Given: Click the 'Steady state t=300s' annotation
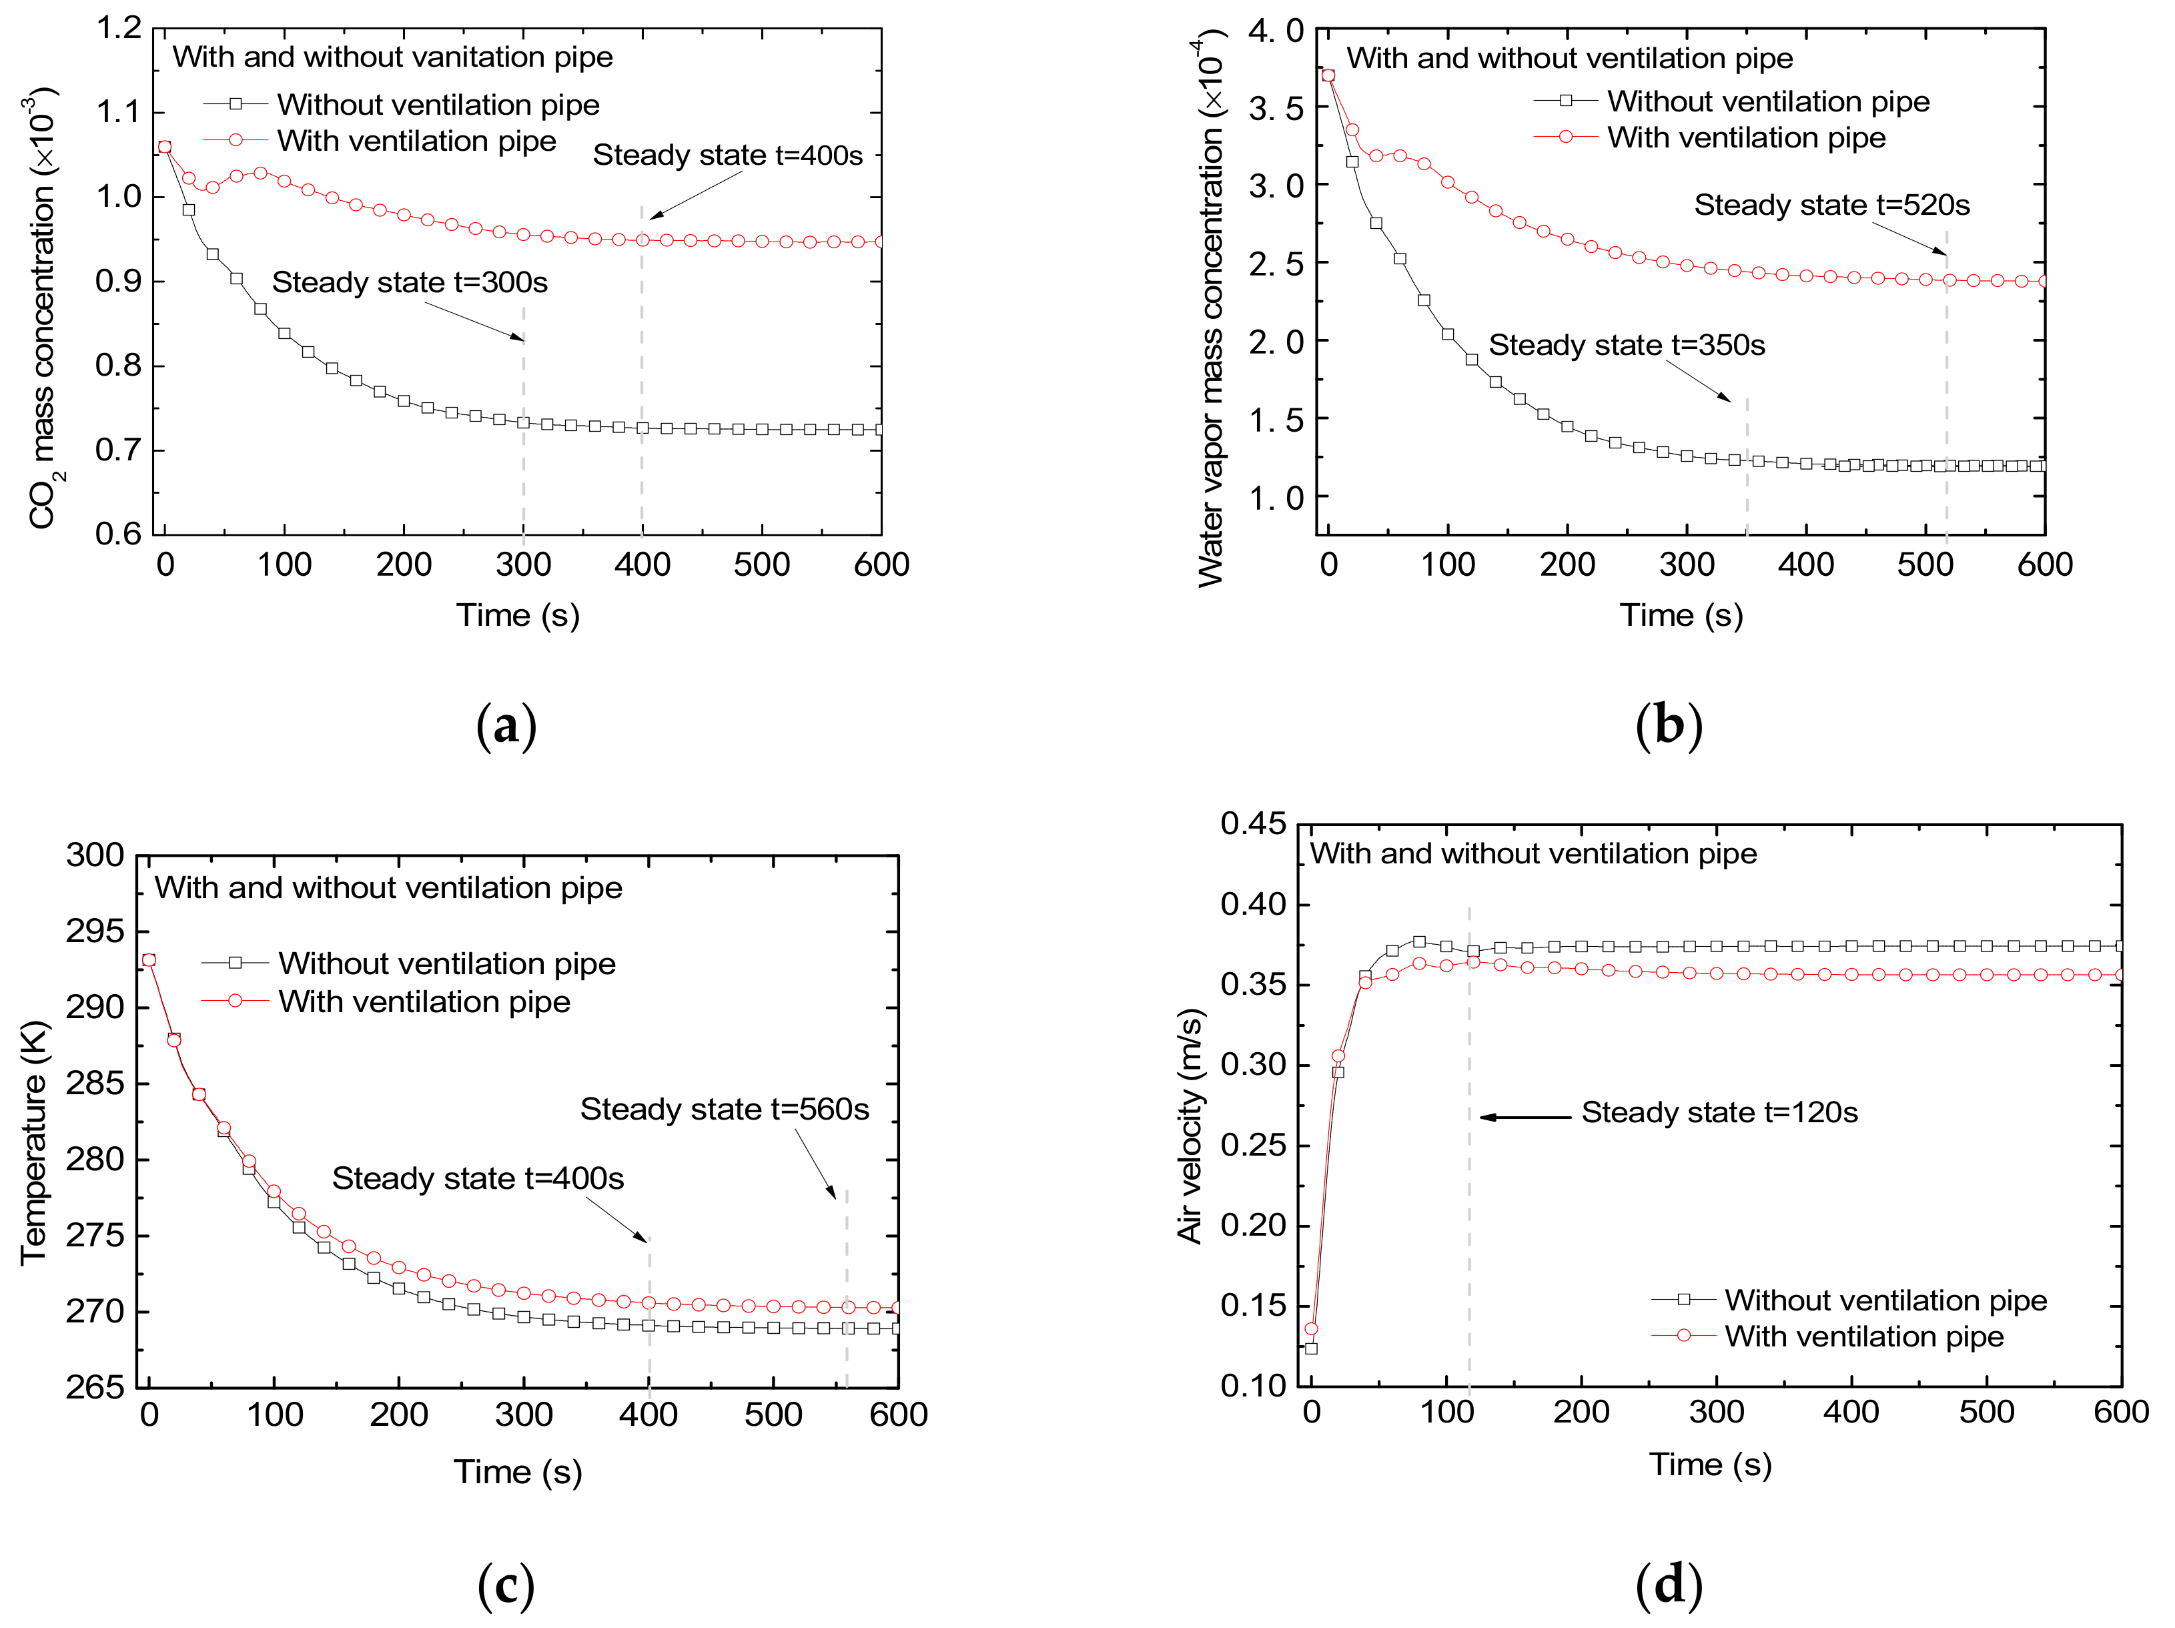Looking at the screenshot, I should click(x=409, y=282).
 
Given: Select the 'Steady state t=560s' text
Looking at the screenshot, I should click(x=724, y=1109).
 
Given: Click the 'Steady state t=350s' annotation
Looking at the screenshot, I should click(x=1627, y=345).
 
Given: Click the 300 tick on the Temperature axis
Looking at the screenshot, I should click(x=95, y=855).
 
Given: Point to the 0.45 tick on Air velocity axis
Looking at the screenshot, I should click(x=1253, y=824).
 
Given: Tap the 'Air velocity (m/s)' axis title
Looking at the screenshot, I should click(x=1191, y=1126).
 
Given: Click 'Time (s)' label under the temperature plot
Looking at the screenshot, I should click(x=517, y=1472).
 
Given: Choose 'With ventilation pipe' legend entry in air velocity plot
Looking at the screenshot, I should click(x=1863, y=1336).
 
